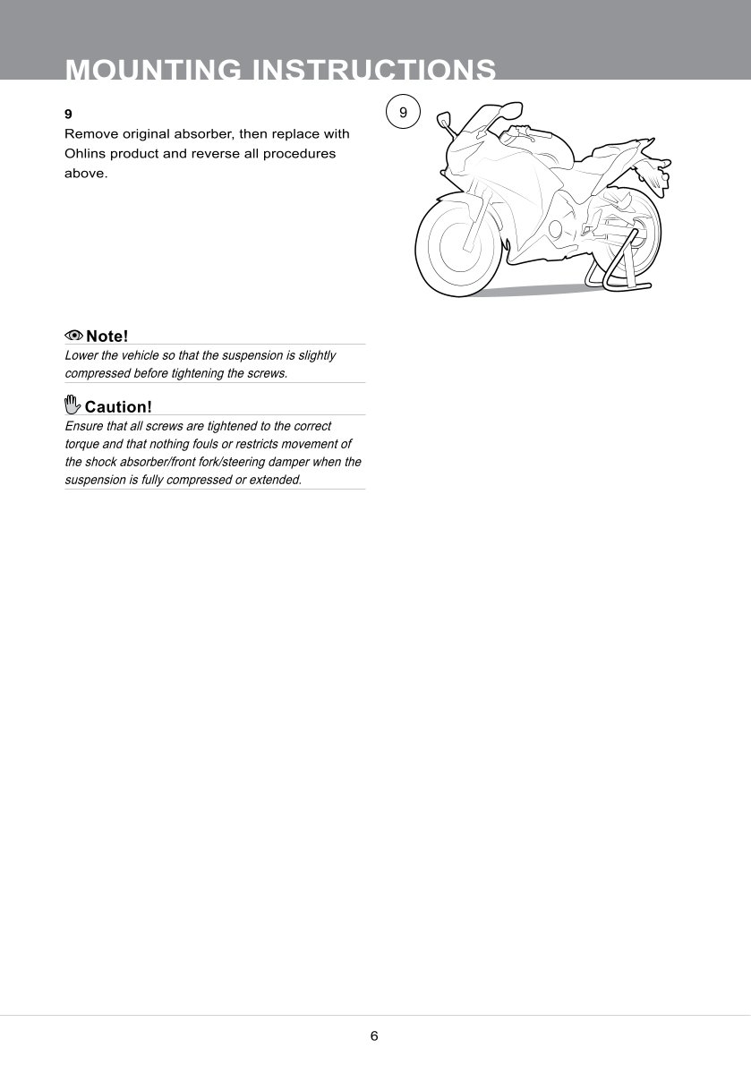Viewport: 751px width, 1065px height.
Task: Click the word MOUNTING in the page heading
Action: [x=154, y=70]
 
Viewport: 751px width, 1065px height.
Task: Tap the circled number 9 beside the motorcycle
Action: [x=403, y=113]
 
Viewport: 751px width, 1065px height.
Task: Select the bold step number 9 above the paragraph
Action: [x=68, y=115]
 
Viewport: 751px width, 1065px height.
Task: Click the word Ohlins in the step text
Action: [x=86, y=153]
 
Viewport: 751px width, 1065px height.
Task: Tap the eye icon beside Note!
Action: [x=73, y=336]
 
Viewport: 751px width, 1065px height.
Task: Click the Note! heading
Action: [x=107, y=337]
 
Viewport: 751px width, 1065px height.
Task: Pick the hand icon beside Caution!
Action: [x=73, y=405]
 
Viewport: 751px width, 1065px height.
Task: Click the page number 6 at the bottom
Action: [x=374, y=1036]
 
